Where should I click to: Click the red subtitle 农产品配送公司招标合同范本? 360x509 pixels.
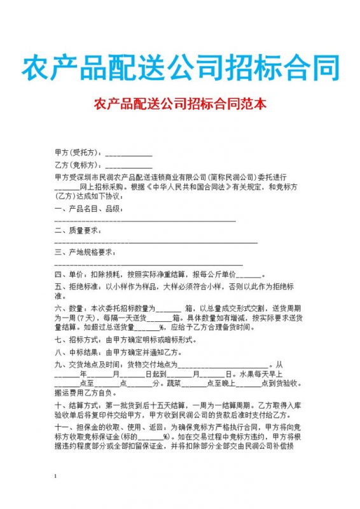[180, 102]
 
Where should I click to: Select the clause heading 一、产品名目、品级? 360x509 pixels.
[87, 209]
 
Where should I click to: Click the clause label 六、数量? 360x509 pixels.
[69, 308]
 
